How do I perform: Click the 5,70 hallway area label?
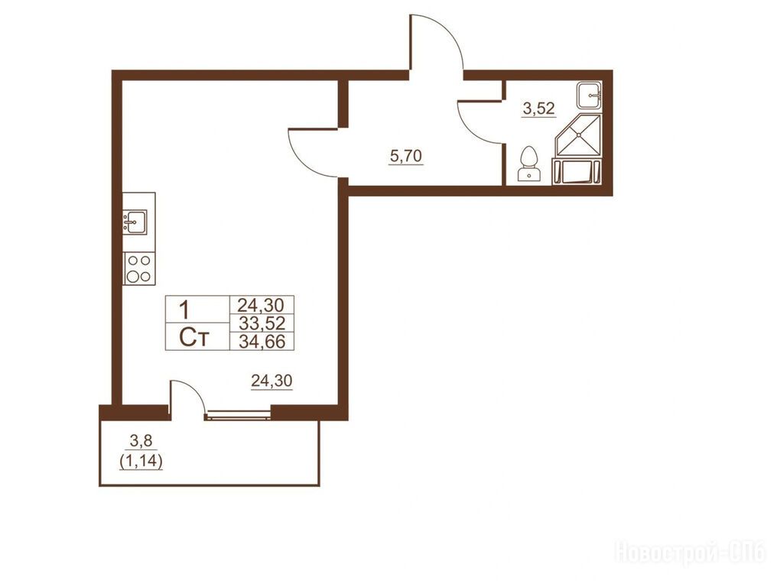click(x=406, y=157)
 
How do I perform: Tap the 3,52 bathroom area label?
click(x=538, y=108)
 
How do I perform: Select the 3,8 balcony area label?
click(x=141, y=440)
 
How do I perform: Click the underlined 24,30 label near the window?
click(x=271, y=381)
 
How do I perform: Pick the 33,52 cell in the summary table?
click(x=262, y=323)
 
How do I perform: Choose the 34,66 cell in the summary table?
click(x=262, y=342)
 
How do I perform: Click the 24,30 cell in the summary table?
click(x=261, y=304)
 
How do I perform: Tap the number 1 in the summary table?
click(x=184, y=311)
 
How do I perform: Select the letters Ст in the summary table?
click(x=194, y=339)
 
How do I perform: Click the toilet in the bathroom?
click(x=529, y=164)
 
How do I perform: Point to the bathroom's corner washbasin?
click(x=589, y=94)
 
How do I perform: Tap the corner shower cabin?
click(x=578, y=135)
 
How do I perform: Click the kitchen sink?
click(x=135, y=222)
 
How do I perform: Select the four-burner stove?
click(x=139, y=268)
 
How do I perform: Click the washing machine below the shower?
click(x=577, y=171)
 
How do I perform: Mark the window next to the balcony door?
click(x=238, y=414)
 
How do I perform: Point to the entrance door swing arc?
click(x=446, y=34)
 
